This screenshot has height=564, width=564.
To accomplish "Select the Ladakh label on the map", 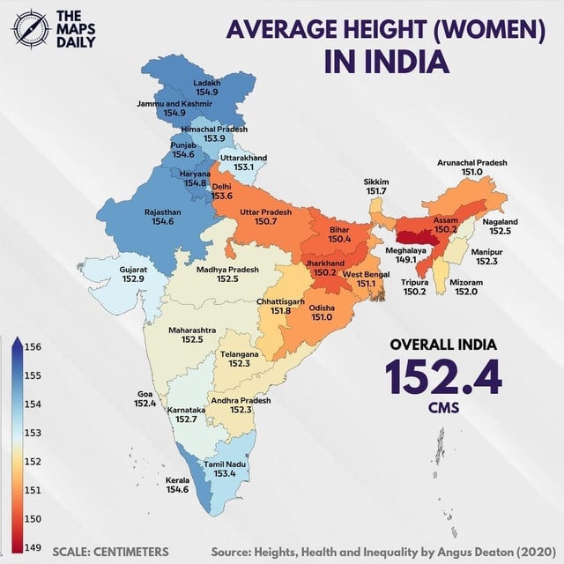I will (x=207, y=83).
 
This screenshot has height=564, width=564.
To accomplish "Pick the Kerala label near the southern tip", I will (x=177, y=480).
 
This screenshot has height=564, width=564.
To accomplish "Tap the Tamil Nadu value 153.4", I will (x=225, y=473).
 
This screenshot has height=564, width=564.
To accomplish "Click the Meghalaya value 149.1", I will (x=405, y=260).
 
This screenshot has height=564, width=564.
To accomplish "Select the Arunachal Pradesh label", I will (x=471, y=163).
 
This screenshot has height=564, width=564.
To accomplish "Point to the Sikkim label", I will (x=376, y=182).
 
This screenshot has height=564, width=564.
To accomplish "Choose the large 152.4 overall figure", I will (x=443, y=376).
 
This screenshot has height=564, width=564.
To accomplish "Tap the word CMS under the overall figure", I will (x=443, y=408).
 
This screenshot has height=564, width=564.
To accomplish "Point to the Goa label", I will (x=145, y=393).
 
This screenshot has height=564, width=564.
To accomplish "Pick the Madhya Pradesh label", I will (x=227, y=269).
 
